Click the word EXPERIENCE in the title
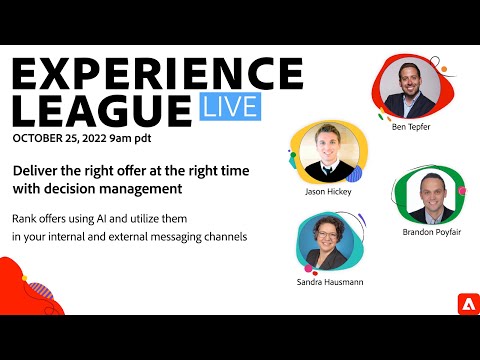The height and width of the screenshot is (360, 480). (154, 74)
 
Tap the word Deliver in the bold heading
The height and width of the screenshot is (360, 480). (37, 170)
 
